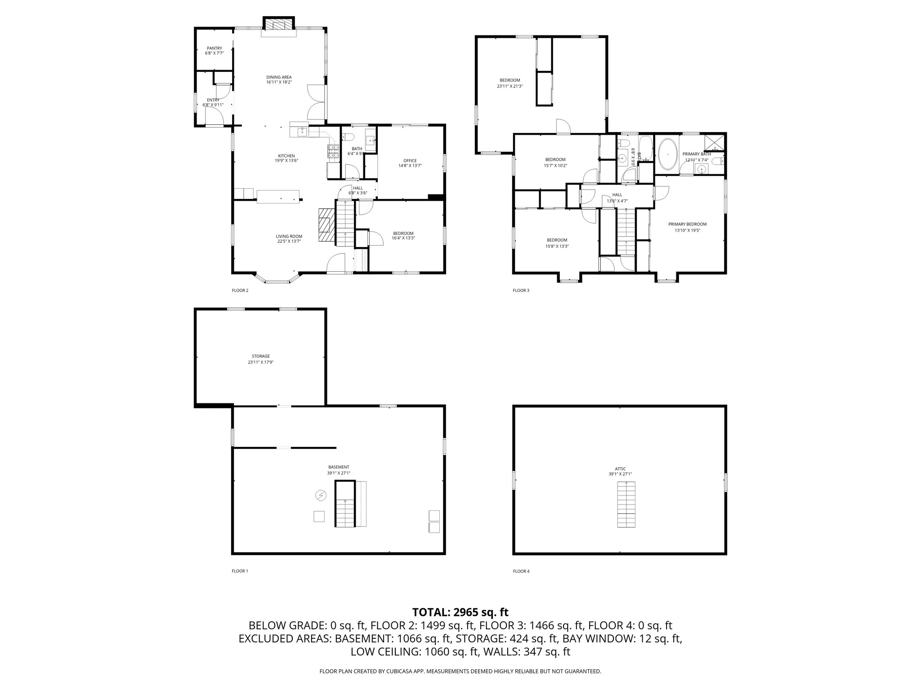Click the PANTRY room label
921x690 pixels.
(214, 48)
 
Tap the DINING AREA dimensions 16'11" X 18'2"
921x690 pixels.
(279, 82)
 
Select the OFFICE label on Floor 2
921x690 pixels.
(410, 160)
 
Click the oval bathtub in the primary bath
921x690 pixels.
(668, 154)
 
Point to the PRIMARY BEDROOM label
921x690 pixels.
(687, 224)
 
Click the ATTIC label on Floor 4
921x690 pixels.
(620, 469)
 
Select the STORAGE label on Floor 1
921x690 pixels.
(260, 356)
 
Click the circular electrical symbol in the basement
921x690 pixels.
(321, 495)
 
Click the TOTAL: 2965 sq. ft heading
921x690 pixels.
(460, 612)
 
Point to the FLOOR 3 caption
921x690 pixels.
(521, 290)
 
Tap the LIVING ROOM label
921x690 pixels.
(289, 236)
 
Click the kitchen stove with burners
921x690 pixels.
(333, 152)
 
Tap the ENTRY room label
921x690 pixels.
(213, 100)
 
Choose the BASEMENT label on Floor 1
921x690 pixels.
(339, 467)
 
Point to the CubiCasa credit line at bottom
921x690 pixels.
(460, 671)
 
